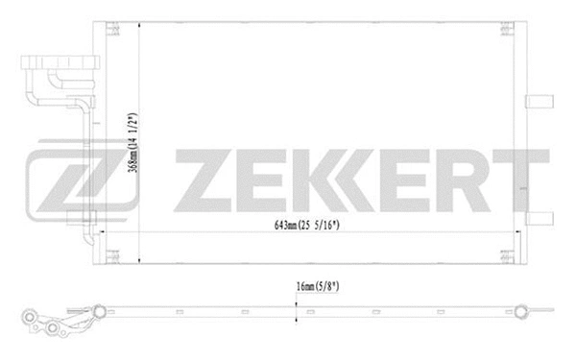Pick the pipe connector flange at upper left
click(x=58, y=72)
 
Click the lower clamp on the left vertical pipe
click(x=92, y=230)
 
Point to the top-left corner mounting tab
click(x=110, y=29)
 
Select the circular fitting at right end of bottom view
click(x=521, y=310)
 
